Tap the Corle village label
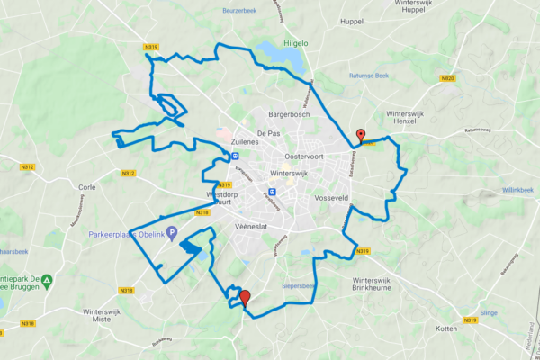point(87,187)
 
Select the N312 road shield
point(27,167)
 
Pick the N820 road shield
point(448,78)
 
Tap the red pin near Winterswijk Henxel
point(361,136)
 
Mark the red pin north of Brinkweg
point(244,298)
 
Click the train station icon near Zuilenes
point(234,155)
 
